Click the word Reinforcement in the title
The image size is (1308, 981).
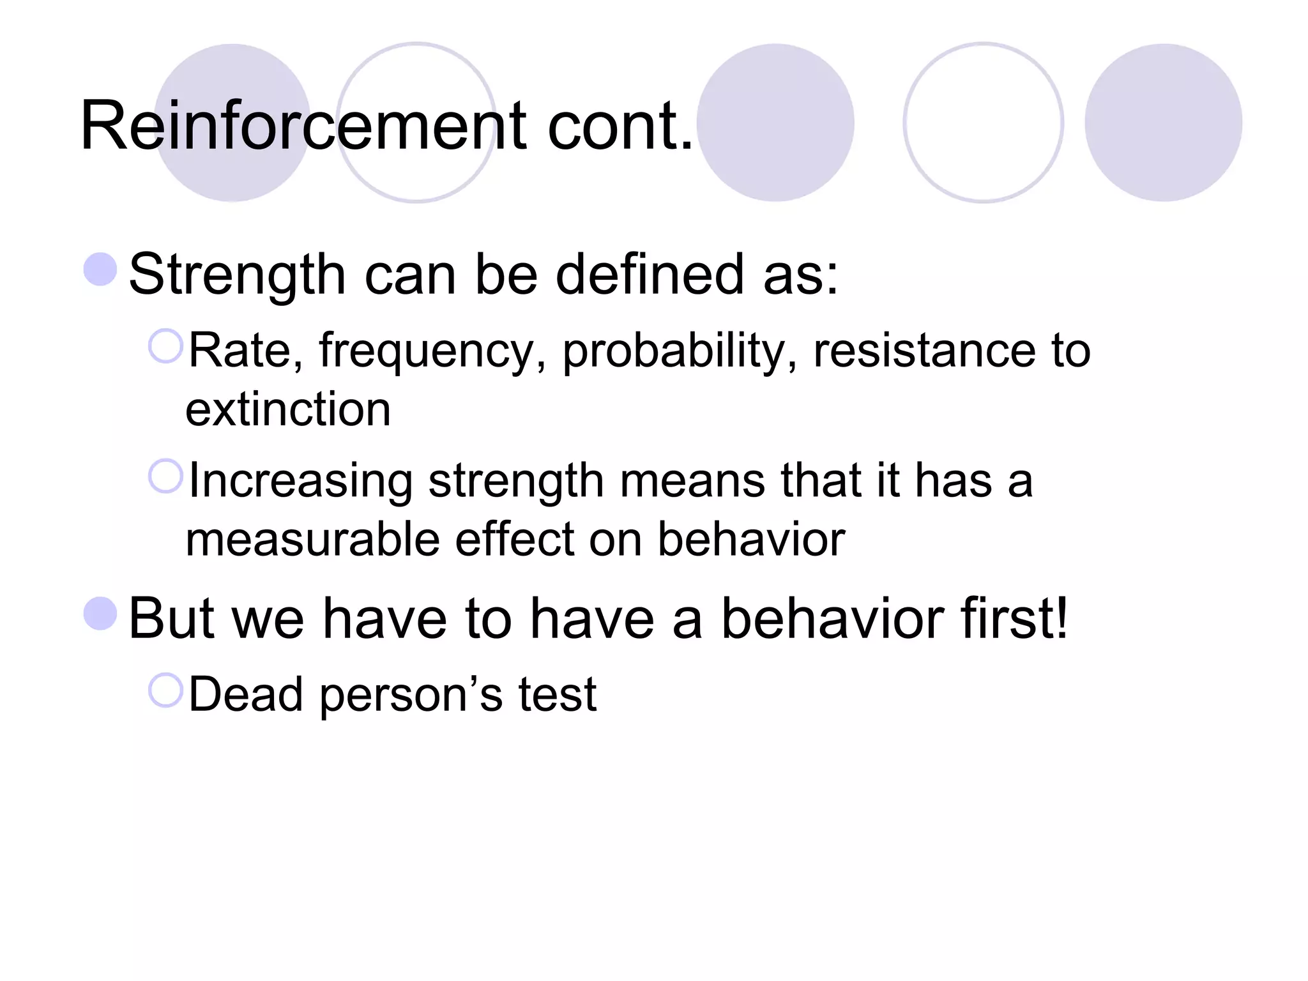click(303, 126)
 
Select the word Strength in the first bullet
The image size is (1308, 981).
click(237, 275)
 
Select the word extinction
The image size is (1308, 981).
click(288, 409)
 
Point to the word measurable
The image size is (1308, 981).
click(312, 540)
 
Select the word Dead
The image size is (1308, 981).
click(246, 694)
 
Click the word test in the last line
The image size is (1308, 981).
click(557, 694)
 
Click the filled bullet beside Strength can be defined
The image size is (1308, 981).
click(100, 269)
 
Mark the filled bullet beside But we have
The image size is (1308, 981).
click(100, 613)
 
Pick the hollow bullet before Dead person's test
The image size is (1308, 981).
click(165, 690)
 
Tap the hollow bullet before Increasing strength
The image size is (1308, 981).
click(165, 476)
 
